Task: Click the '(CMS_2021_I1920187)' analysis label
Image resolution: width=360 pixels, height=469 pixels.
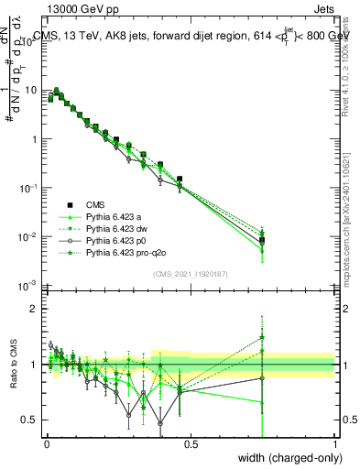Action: pos(190,274)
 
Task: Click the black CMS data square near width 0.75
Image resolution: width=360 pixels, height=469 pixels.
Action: pos(262,240)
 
